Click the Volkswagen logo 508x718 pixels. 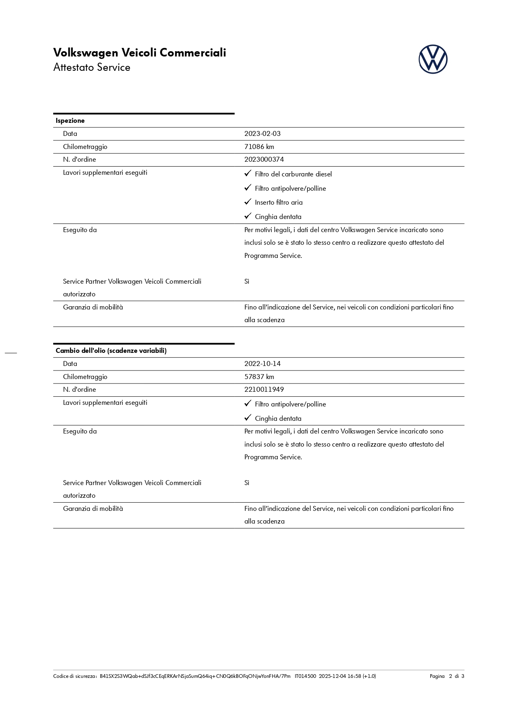[433, 59]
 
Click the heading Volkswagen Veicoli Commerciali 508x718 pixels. [140, 53]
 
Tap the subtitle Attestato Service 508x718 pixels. [92, 68]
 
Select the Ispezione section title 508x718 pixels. [70, 121]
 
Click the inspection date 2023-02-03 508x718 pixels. [262, 134]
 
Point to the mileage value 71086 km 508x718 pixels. [259, 147]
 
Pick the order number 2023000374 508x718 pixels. [264, 160]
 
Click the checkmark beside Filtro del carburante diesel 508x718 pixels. [248, 174]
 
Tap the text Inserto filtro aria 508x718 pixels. [279, 203]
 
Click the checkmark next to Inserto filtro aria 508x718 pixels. [248, 202]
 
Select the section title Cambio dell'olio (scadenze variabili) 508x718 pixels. [111, 351]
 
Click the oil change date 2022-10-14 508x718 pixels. [262, 364]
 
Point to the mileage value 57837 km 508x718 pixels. [259, 377]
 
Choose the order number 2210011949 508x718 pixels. [264, 390]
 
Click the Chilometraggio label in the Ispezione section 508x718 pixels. [85, 147]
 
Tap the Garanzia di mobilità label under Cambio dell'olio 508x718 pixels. [93, 509]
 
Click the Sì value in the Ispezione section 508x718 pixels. [247, 282]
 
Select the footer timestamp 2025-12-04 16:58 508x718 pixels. [339, 676]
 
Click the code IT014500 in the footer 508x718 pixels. [305, 676]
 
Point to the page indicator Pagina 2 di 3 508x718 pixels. [447, 676]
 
